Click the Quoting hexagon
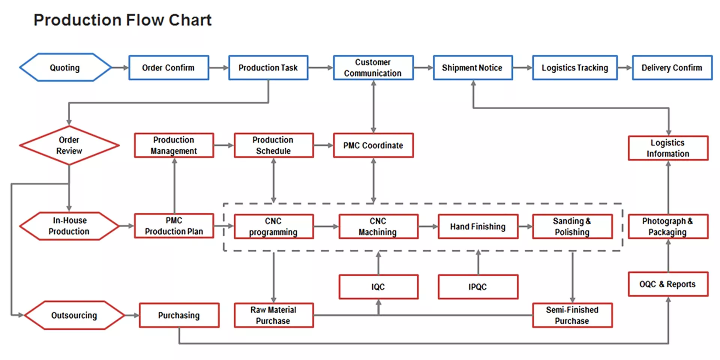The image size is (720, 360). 65,67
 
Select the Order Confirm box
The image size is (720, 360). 168,67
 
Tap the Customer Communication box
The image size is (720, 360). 373,67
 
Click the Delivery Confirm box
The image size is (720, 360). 672,67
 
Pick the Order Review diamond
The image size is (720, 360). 69,145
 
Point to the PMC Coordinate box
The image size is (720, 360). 373,145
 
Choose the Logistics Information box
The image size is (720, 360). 668,148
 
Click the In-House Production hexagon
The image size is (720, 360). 69,226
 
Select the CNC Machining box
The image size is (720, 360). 378,226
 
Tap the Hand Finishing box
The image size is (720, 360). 478,226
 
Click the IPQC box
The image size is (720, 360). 478,287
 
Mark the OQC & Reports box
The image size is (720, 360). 668,284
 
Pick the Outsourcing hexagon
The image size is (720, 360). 74,315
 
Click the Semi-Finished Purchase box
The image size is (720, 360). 572,315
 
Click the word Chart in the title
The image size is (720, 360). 190,20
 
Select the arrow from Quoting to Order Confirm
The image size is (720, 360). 120,67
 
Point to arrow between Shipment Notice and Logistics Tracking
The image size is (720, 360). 522,67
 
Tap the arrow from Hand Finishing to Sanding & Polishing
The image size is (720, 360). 525,226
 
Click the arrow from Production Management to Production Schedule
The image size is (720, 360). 224,145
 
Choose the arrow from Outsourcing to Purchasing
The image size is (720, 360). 132,315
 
